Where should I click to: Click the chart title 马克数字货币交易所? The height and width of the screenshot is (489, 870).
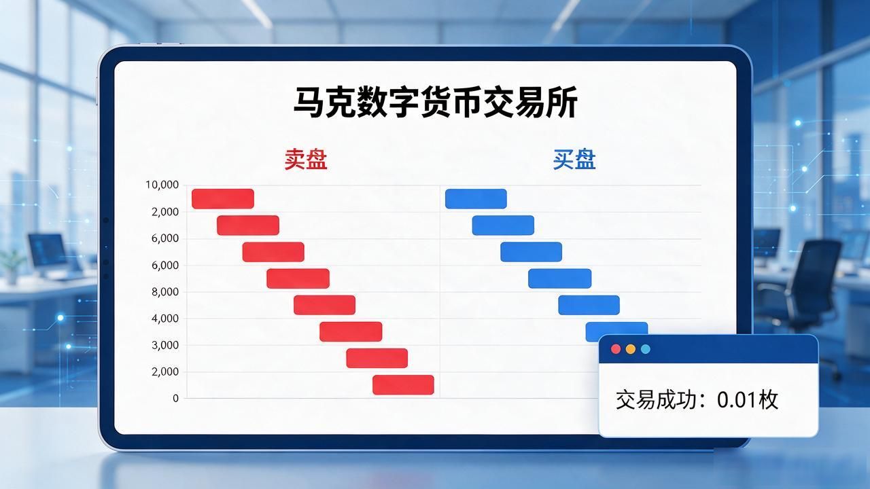click(x=435, y=102)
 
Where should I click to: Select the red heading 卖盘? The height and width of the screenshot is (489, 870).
click(x=306, y=159)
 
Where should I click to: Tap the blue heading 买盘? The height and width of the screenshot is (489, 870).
click(x=574, y=159)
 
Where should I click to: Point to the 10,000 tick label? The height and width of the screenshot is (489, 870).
click(x=162, y=185)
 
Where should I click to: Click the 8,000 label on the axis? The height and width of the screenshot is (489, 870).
click(x=165, y=292)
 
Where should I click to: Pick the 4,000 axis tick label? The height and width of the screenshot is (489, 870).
click(x=165, y=319)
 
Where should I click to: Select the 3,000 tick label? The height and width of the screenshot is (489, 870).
click(x=165, y=345)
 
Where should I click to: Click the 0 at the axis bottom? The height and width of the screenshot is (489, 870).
click(x=175, y=398)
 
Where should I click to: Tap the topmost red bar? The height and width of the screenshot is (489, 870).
click(x=223, y=199)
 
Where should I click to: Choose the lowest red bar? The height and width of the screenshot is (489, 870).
click(x=403, y=384)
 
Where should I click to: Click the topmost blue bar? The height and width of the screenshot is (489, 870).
click(x=476, y=199)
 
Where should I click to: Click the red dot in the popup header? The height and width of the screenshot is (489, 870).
click(x=616, y=349)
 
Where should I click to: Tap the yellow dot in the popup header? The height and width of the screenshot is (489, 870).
click(x=630, y=349)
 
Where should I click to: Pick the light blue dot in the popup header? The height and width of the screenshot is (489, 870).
click(x=645, y=349)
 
